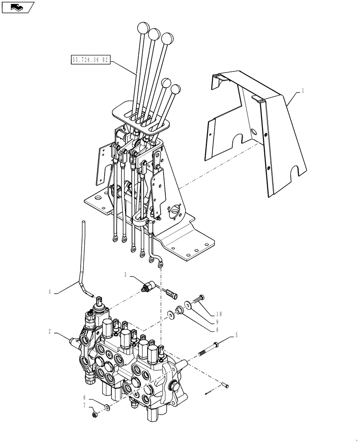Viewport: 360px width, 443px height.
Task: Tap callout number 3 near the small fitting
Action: click(x=126, y=275)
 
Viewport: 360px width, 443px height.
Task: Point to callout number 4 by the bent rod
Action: click(x=51, y=291)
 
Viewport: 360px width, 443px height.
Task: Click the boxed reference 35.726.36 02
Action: click(x=90, y=58)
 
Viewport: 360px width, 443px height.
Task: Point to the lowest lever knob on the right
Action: click(x=176, y=89)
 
